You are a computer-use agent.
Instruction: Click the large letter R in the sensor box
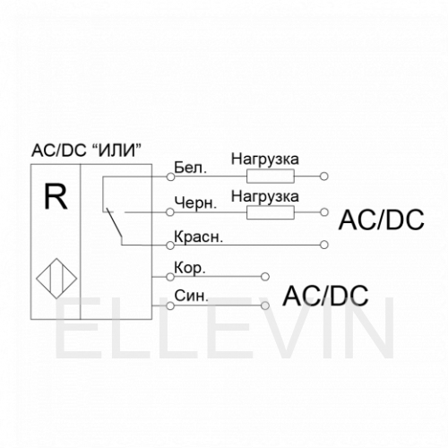(x=56, y=196)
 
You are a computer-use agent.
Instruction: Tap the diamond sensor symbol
(x=56, y=279)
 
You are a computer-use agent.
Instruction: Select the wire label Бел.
(x=190, y=168)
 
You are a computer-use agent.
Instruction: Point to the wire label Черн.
(x=195, y=203)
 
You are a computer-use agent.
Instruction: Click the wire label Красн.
(x=199, y=237)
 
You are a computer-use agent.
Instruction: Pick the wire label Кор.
(x=190, y=269)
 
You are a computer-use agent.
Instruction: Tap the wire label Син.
(x=191, y=296)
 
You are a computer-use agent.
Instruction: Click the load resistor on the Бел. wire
(x=271, y=177)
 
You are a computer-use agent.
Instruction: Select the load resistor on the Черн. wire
(x=271, y=212)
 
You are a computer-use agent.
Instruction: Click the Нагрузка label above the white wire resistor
(x=265, y=159)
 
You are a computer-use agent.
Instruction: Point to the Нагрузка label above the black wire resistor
(x=265, y=197)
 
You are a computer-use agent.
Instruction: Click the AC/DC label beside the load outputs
(x=381, y=220)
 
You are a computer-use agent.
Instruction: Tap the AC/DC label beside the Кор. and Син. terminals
(x=325, y=296)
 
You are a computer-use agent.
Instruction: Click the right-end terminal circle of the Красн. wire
(x=324, y=245)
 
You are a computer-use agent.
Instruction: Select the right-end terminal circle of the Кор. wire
(x=265, y=277)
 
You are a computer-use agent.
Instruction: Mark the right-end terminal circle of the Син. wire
(x=265, y=306)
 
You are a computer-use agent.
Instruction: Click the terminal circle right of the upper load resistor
(x=324, y=177)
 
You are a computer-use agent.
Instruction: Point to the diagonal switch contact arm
(x=115, y=224)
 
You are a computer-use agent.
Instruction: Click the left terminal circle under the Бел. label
(x=170, y=177)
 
